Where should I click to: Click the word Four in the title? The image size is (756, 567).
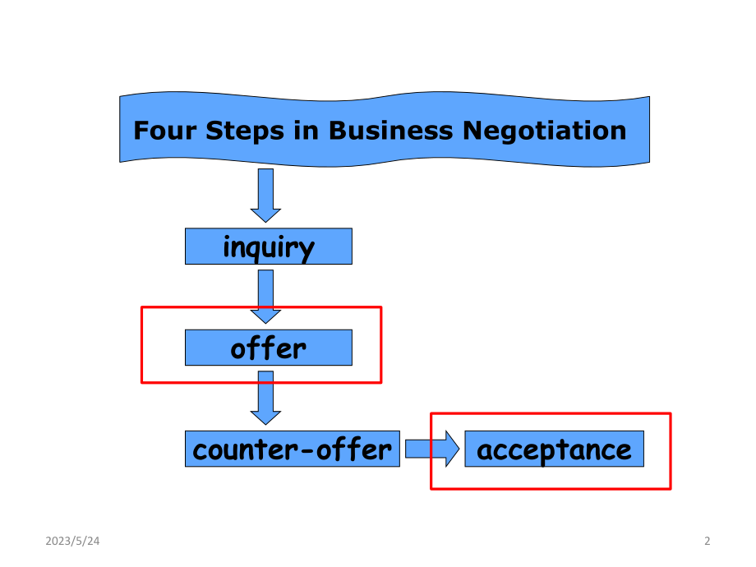click(164, 130)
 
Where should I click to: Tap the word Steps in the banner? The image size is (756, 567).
click(245, 131)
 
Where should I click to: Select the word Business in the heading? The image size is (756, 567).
click(390, 130)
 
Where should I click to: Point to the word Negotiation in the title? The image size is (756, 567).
click(544, 131)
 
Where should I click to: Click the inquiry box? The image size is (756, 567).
click(269, 247)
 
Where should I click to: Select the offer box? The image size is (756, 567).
click(269, 348)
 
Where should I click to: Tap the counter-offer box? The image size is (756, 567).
click(293, 449)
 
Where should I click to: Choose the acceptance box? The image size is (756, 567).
click(554, 449)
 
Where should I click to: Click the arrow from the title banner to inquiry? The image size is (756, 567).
click(265, 196)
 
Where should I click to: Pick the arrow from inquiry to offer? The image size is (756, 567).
click(265, 297)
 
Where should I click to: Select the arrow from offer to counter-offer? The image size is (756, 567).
click(265, 398)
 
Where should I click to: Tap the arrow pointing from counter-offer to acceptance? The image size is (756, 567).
click(432, 449)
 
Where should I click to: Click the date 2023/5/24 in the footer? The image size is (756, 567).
click(72, 541)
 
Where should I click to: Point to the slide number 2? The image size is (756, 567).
click(708, 541)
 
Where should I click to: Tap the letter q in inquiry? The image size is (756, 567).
click(251, 251)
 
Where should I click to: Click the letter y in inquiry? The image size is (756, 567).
click(305, 251)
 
